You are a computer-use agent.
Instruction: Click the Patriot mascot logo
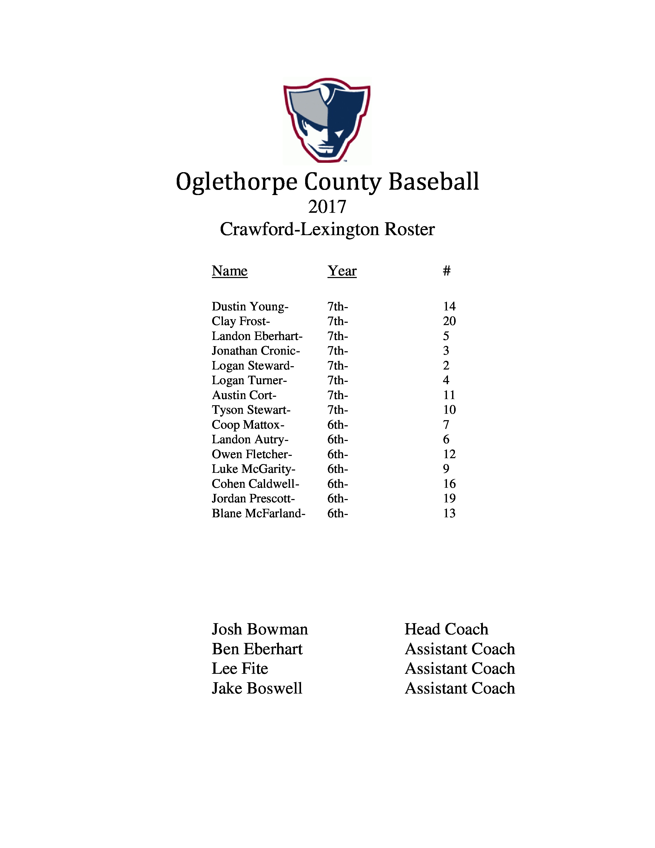point(327,120)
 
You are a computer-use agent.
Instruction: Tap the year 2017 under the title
point(327,207)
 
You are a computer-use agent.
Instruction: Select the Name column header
point(229,271)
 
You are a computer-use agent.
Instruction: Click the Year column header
point(342,271)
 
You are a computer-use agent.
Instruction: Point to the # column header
point(447,271)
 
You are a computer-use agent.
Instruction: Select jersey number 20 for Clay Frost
point(449,321)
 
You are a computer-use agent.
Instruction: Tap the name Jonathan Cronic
point(255,351)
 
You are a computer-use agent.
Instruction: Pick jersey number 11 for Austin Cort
point(449,395)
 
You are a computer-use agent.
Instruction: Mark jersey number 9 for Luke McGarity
point(446,469)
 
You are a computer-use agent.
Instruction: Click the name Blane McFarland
point(258,513)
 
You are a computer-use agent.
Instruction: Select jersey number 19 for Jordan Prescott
point(449,498)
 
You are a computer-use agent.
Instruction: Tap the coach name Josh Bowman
point(260,629)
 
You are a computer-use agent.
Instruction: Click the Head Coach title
point(446,629)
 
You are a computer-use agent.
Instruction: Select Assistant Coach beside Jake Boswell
point(460,688)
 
